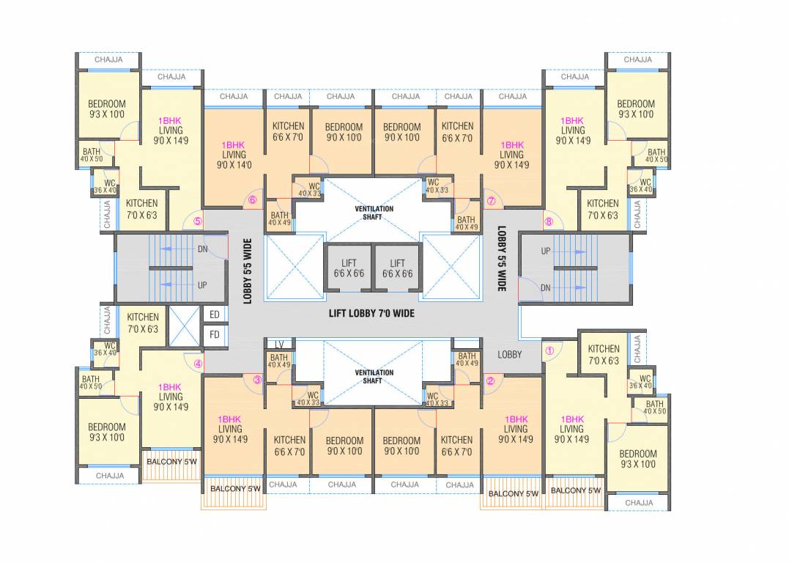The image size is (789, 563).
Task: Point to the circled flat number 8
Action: coord(549,222)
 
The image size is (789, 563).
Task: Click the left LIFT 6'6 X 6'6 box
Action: coord(349,268)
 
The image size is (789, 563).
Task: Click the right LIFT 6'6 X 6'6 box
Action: coord(397,268)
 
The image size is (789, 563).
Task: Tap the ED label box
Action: coord(215,315)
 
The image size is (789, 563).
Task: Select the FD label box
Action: coord(215,334)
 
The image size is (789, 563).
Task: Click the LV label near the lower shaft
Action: coord(279,345)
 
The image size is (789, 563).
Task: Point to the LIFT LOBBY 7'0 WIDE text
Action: coord(371,313)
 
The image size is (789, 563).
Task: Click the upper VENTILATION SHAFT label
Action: coord(374,213)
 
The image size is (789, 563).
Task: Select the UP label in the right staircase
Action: coord(545,251)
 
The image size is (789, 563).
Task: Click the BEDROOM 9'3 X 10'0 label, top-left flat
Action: coord(106,108)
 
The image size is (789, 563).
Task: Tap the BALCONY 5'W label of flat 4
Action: coord(171,462)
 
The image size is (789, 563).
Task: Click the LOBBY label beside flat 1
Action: coord(510,354)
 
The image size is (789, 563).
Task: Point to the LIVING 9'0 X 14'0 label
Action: coord(234,160)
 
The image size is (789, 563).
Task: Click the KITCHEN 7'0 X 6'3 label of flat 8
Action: coord(602,209)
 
